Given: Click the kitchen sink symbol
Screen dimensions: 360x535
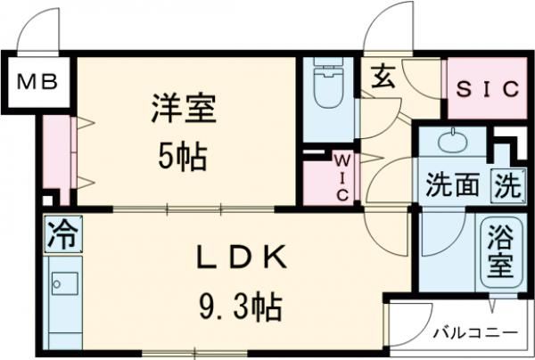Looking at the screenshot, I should [x=64, y=284].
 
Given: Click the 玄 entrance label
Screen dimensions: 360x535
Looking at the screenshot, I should [x=383, y=78].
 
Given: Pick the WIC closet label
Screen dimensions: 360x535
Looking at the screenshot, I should [x=343, y=177].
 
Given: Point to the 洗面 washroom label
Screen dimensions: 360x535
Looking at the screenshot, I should [x=452, y=186].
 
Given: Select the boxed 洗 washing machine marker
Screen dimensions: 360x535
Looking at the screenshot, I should [x=506, y=186].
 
